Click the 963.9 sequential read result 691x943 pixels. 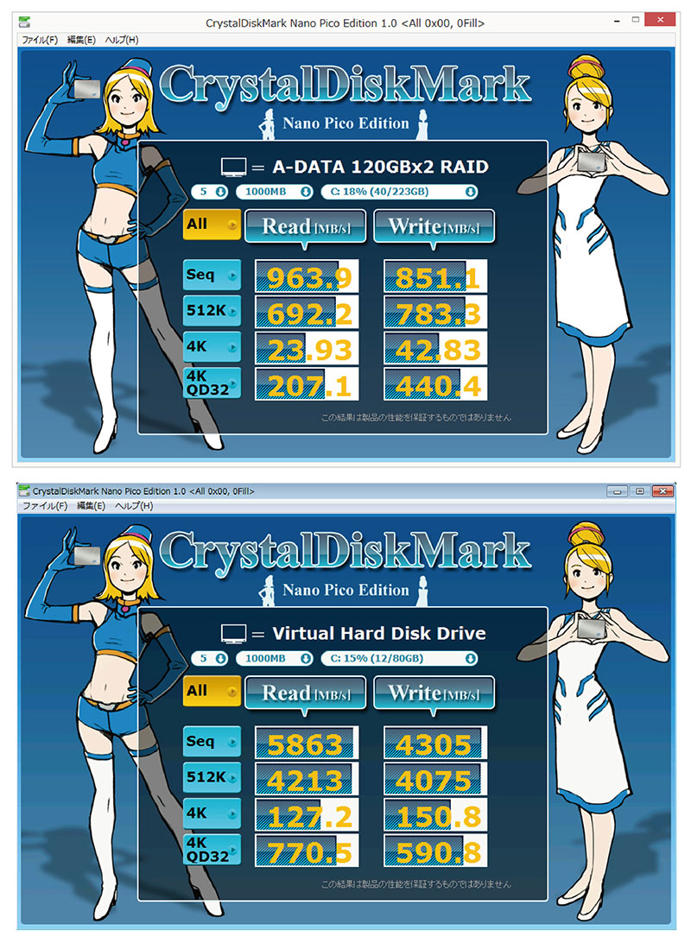(307, 277)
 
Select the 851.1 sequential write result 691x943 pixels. (435, 277)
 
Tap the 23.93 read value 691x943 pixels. (307, 349)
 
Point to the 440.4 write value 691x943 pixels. (435, 385)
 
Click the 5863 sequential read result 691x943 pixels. (307, 744)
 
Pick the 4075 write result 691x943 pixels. (435, 780)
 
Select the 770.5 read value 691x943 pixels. (307, 851)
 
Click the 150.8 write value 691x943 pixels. (435, 815)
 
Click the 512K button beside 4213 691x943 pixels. (212, 777)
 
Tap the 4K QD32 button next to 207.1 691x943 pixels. (212, 383)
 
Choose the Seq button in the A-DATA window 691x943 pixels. (212, 275)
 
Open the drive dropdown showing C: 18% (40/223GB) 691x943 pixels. (399, 192)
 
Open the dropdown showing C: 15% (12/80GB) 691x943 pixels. (399, 659)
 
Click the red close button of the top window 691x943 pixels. (660, 20)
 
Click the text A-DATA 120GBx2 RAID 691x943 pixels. (380, 167)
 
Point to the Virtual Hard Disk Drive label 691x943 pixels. (379, 633)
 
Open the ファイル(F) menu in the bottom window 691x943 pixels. (45, 506)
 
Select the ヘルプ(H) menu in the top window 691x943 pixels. (122, 40)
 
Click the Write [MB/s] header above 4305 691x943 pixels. (434, 693)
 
